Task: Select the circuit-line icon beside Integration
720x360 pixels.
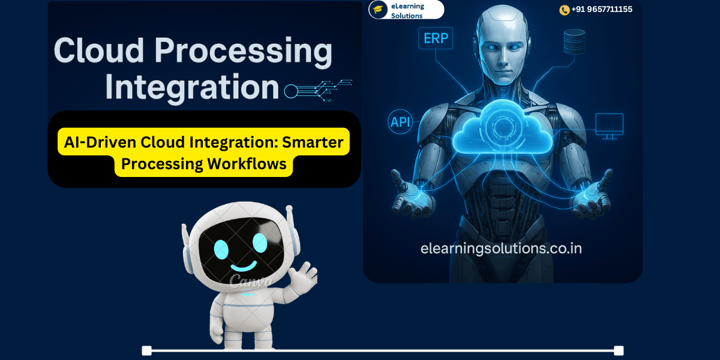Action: [x=318, y=90]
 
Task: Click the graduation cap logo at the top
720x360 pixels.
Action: [x=378, y=10]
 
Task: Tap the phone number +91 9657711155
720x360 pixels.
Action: [x=601, y=10]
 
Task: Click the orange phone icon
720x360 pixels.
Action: [x=564, y=10]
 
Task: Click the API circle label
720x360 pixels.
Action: [x=400, y=122]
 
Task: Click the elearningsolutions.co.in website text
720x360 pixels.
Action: [x=501, y=248]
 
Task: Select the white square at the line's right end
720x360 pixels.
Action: [x=619, y=350]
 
